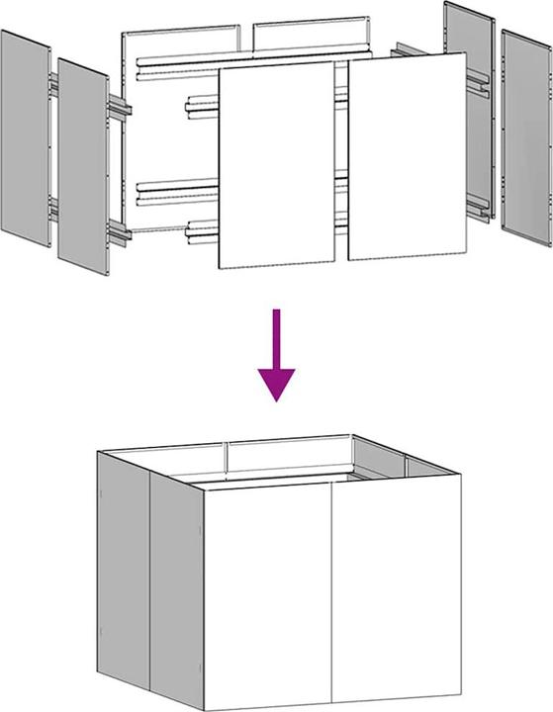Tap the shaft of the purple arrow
point(276,336)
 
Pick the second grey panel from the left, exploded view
point(82,164)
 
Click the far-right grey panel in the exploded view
point(525,138)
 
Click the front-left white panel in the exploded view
point(276,168)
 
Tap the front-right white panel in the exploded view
point(407,158)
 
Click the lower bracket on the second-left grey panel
point(116,233)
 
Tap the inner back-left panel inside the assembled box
point(287,457)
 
